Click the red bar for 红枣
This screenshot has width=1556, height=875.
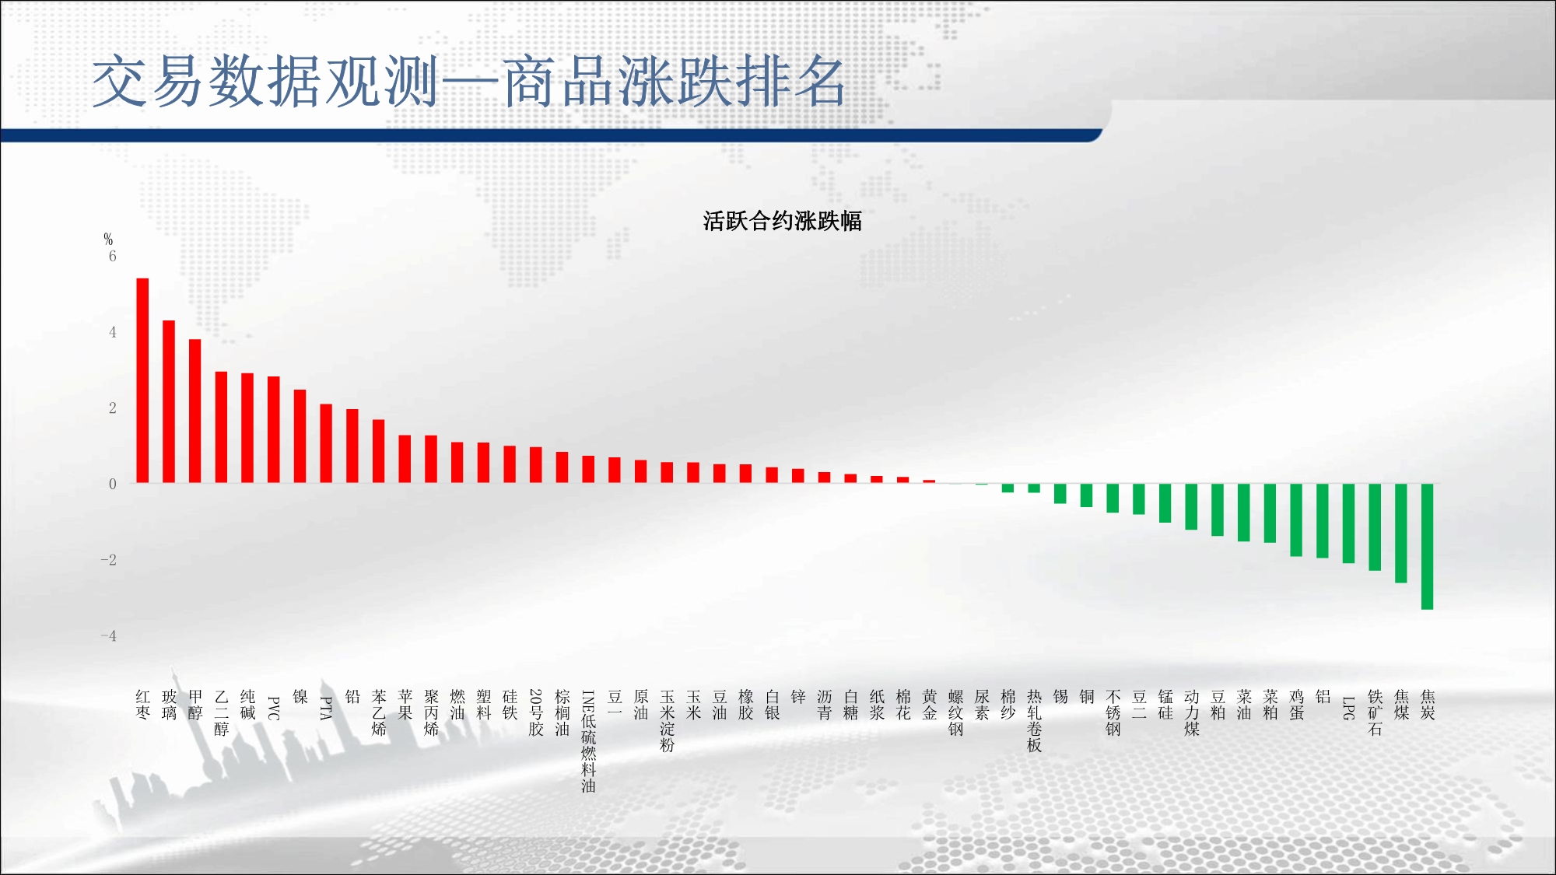[x=142, y=380]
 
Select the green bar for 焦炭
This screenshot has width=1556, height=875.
[x=1427, y=546]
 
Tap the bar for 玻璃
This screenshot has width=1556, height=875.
[x=169, y=401]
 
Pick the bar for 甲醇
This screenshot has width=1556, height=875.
[x=194, y=411]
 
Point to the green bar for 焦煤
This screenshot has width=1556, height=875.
[x=1401, y=533]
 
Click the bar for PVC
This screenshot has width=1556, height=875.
[x=273, y=429]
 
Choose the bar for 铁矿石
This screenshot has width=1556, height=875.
[x=1375, y=527]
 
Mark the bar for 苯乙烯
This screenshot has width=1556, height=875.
[x=378, y=451]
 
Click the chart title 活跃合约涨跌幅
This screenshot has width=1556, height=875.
[x=782, y=221]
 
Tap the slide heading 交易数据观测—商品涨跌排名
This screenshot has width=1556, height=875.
[x=468, y=81]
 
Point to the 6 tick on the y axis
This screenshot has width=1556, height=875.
[x=112, y=256]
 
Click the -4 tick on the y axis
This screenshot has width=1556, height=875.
[x=108, y=635]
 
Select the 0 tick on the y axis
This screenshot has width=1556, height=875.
[x=112, y=484]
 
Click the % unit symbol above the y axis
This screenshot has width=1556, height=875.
[x=108, y=239]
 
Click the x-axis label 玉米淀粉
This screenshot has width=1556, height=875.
[x=667, y=720]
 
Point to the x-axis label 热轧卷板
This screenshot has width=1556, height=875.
[x=1034, y=720]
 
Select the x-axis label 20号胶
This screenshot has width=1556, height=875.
[x=536, y=712]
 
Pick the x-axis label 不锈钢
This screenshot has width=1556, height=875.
[x=1113, y=712]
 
